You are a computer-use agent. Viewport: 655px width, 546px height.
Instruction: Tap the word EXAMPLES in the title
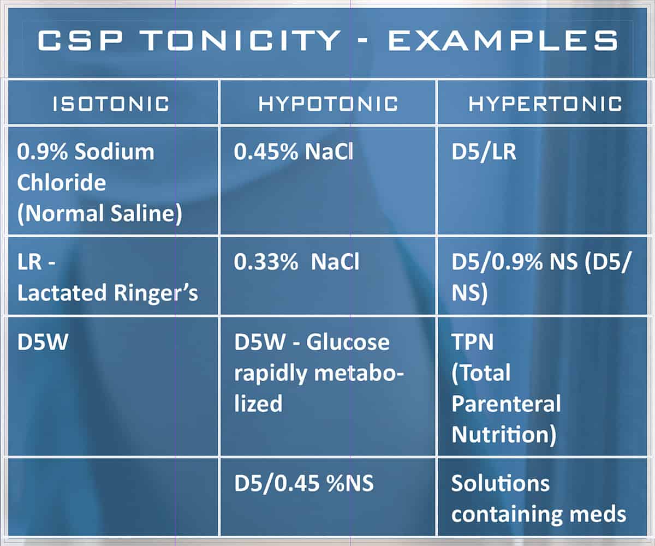[x=502, y=41]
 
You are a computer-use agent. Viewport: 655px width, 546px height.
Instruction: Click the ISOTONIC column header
[x=111, y=104]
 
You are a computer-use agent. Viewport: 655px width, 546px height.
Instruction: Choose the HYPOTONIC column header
[x=328, y=104]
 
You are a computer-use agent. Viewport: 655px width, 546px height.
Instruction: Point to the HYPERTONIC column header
[x=545, y=104]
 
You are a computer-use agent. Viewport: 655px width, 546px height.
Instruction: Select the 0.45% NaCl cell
[x=294, y=152]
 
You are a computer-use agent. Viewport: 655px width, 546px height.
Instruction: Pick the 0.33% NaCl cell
[x=296, y=262]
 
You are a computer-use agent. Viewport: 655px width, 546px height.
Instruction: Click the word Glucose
[x=348, y=343]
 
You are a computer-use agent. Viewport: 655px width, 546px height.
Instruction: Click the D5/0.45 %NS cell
[x=303, y=484]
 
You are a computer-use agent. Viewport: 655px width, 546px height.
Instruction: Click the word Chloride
[x=61, y=183]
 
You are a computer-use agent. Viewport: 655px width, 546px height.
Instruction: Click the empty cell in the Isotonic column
[x=111, y=496]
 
